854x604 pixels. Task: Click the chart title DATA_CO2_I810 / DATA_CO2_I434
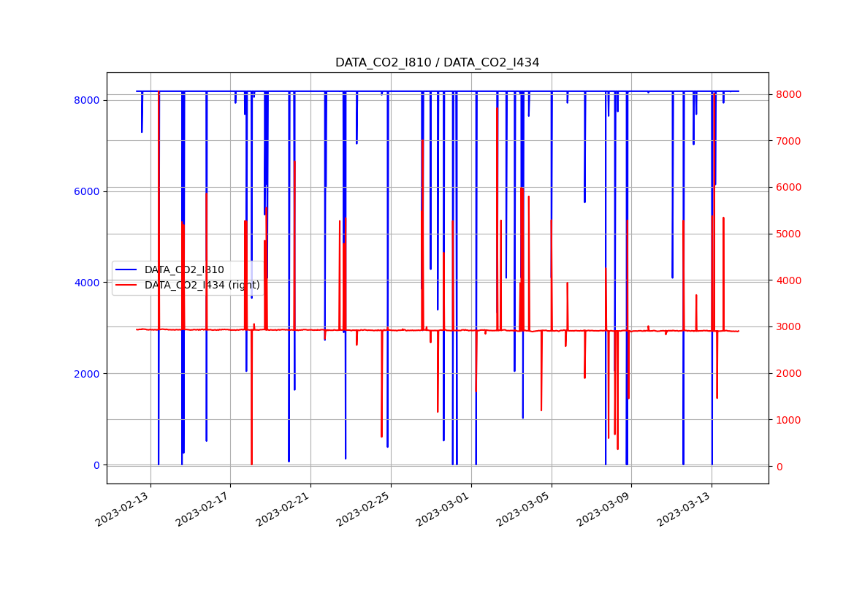437,63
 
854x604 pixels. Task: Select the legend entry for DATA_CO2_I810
184,270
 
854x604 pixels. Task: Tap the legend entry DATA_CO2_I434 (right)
202,286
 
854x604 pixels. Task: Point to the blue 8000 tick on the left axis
87,100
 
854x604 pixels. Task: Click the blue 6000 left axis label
87,191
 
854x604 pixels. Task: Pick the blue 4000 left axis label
87,283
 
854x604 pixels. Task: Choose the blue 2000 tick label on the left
87,374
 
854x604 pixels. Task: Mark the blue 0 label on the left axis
96,465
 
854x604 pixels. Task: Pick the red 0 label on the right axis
779,466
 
